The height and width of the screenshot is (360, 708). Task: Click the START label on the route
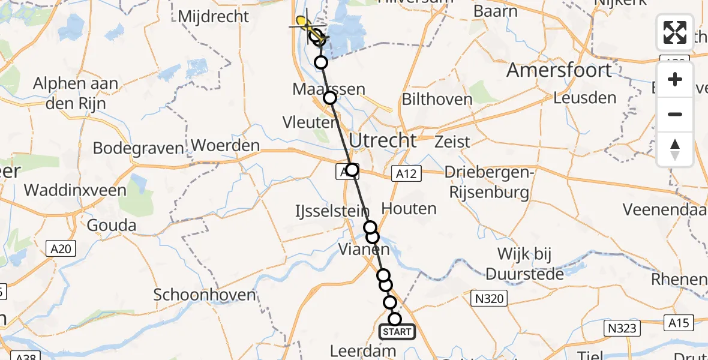point(397,332)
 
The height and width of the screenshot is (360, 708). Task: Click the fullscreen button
point(675,32)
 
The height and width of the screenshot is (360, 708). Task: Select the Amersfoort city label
point(559,70)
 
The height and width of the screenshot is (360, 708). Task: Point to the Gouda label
point(111,226)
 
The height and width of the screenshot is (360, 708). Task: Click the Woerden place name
point(226,145)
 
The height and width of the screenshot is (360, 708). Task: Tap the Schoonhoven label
point(205,295)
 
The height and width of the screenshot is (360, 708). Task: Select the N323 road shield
point(622,328)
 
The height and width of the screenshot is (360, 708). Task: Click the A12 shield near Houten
point(407,174)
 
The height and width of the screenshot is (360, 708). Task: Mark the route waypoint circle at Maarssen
point(329,98)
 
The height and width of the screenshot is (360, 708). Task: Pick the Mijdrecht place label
point(213,16)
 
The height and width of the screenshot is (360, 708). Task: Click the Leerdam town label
point(364,350)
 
